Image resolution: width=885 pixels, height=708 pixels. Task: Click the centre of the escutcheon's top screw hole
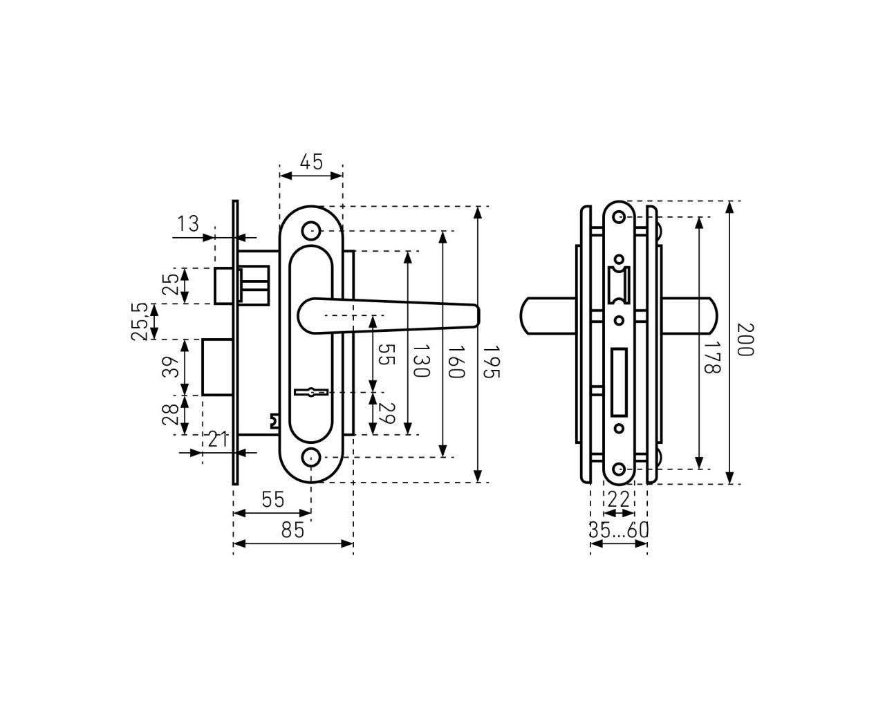(311, 231)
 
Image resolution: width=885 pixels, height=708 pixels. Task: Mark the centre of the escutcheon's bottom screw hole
(311, 457)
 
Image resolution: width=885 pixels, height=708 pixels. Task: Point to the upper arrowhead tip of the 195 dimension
(478, 207)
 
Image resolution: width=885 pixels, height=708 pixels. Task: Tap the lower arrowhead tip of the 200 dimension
(729, 484)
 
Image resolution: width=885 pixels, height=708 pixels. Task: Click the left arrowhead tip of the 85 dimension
(234, 544)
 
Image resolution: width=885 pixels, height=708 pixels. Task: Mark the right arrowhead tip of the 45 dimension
(342, 176)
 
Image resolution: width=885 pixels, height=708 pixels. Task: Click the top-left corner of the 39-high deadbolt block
(203, 339)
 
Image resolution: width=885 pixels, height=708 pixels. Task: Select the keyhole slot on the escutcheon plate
(311, 392)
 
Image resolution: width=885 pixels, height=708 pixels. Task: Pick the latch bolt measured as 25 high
(224, 286)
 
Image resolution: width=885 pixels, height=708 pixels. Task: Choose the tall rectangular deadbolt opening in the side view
(619, 382)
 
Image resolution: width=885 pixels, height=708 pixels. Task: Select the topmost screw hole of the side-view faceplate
(619, 217)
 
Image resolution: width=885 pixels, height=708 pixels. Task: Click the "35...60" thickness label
(619, 530)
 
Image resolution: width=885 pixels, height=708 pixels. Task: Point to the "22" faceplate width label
(619, 500)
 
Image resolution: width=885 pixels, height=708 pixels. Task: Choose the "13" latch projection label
(188, 224)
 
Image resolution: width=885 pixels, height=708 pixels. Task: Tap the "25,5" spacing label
(140, 322)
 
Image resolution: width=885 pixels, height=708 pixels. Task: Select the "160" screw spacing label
(456, 362)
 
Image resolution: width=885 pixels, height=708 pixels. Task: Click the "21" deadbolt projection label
(218, 440)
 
